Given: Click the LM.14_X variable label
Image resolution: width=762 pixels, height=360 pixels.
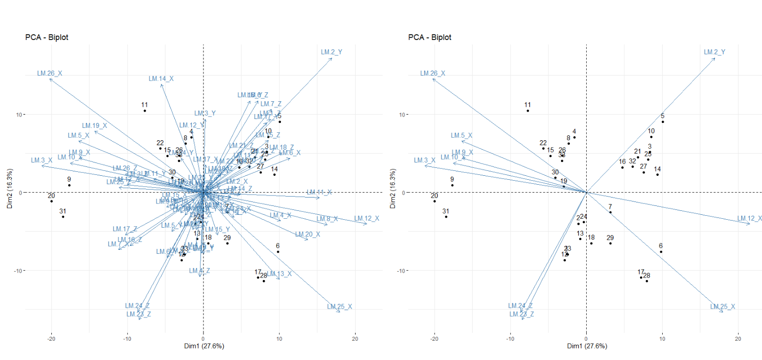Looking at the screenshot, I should (x=161, y=79).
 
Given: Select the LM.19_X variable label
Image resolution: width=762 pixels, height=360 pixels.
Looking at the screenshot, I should (x=94, y=125).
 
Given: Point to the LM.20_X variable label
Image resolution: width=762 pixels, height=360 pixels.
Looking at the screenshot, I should (x=307, y=235).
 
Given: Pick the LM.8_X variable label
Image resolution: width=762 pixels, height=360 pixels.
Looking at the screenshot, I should (x=327, y=219).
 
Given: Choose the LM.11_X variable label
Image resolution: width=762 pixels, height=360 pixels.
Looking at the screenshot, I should (x=319, y=192).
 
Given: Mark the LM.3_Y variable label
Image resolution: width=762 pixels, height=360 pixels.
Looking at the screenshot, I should (x=204, y=114).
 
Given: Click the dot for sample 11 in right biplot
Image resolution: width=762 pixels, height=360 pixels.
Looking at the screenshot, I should (x=527, y=111).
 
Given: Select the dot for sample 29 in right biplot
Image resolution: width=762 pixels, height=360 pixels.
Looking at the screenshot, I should (x=610, y=243).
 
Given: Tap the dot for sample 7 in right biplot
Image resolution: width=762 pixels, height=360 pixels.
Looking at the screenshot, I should (x=610, y=212).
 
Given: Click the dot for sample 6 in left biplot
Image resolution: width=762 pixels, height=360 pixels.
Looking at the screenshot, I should (x=278, y=252).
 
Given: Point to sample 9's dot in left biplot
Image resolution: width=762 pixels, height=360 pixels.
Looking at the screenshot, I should (x=69, y=185).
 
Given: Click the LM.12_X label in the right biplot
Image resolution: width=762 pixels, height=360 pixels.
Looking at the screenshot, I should (x=749, y=218).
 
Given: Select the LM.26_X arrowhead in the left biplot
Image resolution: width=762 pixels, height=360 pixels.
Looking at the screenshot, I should (x=49, y=79).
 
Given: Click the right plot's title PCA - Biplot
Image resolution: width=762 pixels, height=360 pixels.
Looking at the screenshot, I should (x=430, y=37).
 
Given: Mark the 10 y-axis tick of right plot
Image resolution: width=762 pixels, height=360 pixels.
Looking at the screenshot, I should (x=401, y=115).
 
